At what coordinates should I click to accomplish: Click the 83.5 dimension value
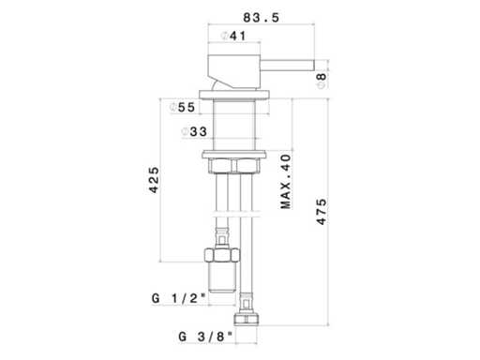coord(261,18)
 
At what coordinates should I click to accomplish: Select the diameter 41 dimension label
coord(233,36)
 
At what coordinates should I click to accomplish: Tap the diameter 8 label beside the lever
coord(322,81)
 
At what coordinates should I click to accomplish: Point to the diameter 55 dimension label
coord(182,108)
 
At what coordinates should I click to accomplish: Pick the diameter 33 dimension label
coord(194,131)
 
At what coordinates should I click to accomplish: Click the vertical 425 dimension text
coord(154,180)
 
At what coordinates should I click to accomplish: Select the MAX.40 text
coord(286,181)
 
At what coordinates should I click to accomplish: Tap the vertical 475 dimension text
coord(322,212)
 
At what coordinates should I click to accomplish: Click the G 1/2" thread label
coord(179,298)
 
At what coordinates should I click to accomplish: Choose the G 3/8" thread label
coord(205,337)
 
